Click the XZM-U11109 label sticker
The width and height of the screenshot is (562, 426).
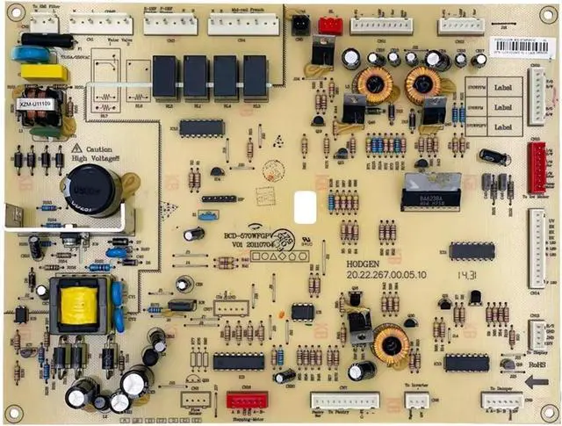[x=36, y=104]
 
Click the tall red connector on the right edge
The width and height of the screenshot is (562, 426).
[x=536, y=167]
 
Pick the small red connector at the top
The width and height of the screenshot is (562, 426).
[x=330, y=25]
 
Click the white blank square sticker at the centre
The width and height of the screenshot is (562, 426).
[x=305, y=207]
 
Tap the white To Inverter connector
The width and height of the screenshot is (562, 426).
[x=416, y=401]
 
